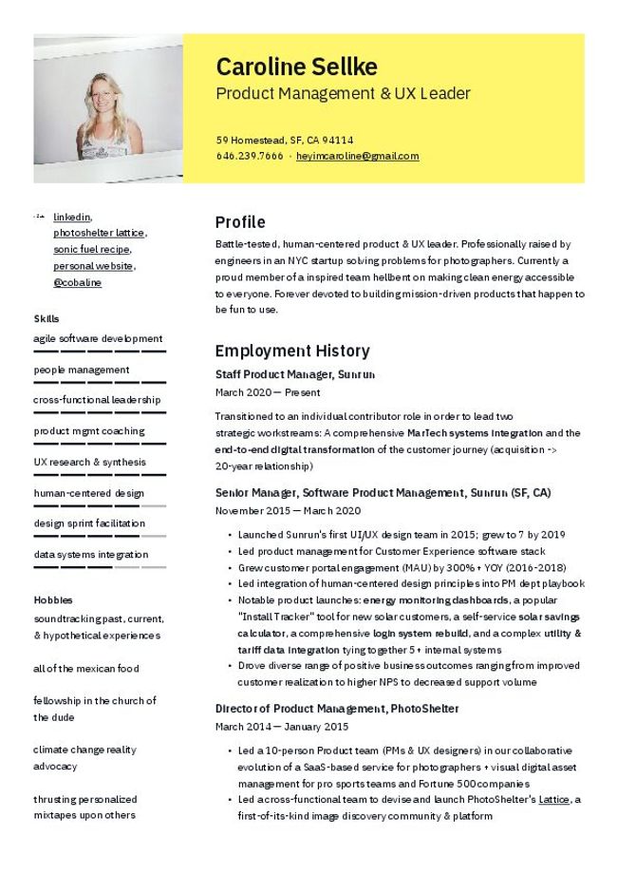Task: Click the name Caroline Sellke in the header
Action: click(x=296, y=66)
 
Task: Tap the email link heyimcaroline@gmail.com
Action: click(x=357, y=156)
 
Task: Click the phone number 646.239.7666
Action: click(x=249, y=156)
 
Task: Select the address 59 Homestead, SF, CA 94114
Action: click(x=284, y=140)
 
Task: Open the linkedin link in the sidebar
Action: click(x=72, y=217)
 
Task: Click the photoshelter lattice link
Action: click(x=99, y=233)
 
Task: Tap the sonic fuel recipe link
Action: click(x=91, y=249)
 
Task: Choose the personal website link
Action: click(x=93, y=266)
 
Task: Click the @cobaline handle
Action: click(x=77, y=282)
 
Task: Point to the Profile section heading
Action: click(x=240, y=222)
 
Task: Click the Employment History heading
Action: click(x=291, y=351)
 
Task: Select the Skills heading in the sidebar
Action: click(x=46, y=318)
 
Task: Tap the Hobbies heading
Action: click(x=52, y=600)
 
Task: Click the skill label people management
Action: click(x=81, y=370)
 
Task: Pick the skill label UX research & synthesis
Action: click(x=89, y=462)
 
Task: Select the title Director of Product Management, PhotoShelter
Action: click(x=336, y=709)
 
